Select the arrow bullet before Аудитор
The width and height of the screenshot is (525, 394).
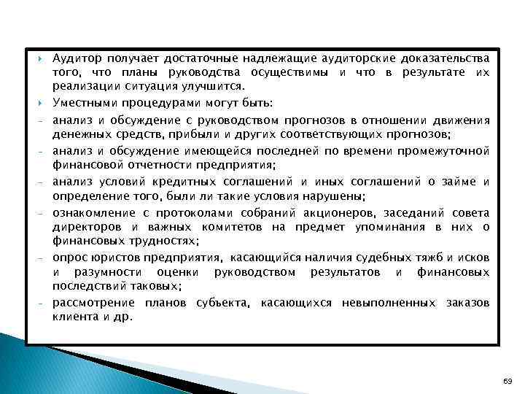pos(42,58)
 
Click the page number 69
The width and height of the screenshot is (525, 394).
pos(508,381)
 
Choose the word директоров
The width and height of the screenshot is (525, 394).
pos(83,227)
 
